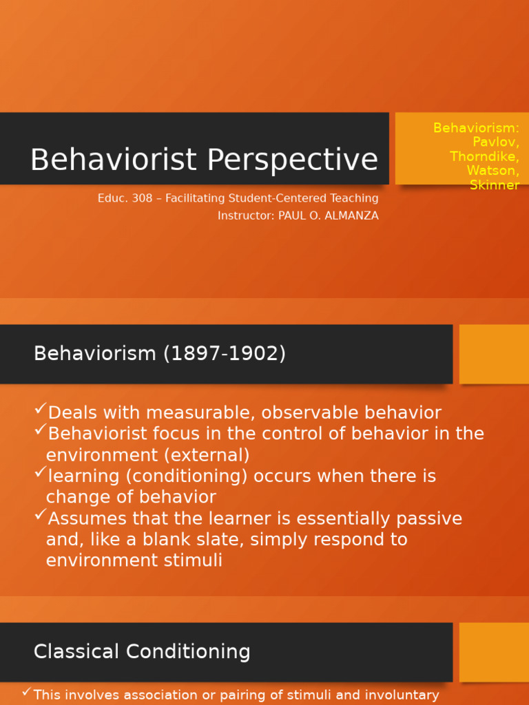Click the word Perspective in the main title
click(x=292, y=160)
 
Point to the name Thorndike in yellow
click(x=484, y=156)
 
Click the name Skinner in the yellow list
click(x=494, y=185)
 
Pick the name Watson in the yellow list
click(x=492, y=171)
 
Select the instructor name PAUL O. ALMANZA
click(x=328, y=215)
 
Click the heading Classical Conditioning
click(x=142, y=652)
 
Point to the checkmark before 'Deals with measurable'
click(x=40, y=410)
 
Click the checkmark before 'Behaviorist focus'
click(x=40, y=431)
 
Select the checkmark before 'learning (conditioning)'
click(x=40, y=473)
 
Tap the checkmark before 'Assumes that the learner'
click(x=40, y=515)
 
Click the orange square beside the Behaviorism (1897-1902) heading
click(x=494, y=354)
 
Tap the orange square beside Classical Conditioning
click(x=494, y=652)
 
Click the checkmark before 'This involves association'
click(x=26, y=692)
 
